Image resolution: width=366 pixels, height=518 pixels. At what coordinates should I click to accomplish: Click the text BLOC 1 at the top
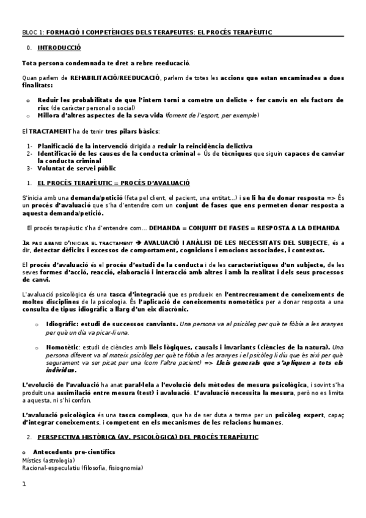(32, 31)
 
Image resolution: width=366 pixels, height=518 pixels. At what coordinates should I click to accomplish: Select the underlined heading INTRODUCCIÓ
(59, 48)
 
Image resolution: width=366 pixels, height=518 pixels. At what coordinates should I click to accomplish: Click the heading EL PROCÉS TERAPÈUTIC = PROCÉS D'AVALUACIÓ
(114, 183)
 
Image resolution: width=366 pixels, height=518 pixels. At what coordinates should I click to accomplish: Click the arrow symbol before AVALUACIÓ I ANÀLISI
(139, 243)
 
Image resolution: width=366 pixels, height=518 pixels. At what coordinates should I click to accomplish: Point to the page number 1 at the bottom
(24, 484)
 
